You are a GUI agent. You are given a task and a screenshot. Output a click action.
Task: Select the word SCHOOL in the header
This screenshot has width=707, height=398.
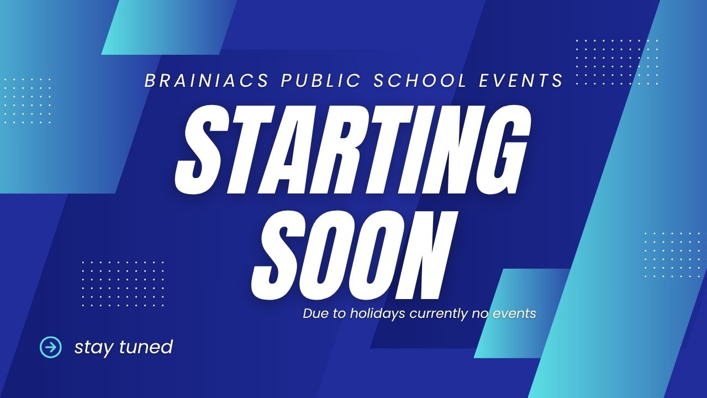pyautogui.click(x=420, y=81)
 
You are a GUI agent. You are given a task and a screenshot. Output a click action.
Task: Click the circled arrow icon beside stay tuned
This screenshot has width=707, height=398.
pyautogui.click(x=51, y=347)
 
